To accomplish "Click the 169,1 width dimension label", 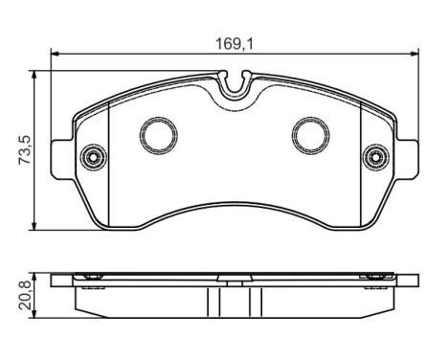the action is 235,44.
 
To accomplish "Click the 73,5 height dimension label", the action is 25,150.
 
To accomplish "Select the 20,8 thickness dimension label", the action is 25,295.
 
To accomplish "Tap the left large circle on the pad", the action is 159,135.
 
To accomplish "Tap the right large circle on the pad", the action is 311,135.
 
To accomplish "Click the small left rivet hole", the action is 94,157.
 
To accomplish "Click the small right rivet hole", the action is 376,157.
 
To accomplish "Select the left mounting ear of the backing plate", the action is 62,159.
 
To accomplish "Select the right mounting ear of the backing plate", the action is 408,159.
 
